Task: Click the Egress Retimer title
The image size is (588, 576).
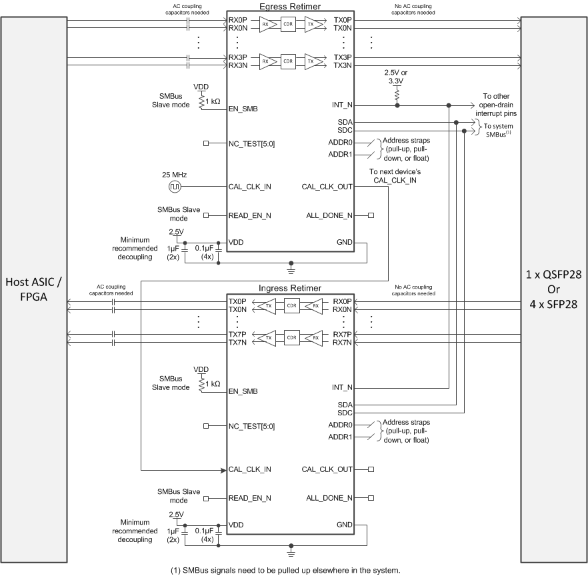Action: coord(290,6)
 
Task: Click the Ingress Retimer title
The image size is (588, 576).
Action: coord(290,288)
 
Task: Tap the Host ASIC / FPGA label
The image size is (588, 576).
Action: coord(33,288)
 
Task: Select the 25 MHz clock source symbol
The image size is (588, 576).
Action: coord(173,187)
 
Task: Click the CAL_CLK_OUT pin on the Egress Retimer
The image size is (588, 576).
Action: coord(327,187)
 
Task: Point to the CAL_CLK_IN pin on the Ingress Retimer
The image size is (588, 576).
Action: coord(249,469)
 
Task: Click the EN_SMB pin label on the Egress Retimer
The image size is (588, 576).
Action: coord(243,108)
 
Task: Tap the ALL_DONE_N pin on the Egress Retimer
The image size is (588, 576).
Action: coord(329,215)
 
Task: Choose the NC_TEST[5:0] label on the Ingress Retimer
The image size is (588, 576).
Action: coord(251,426)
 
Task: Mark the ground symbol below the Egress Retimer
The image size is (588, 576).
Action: coord(290,269)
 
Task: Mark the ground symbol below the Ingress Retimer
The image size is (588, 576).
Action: coord(290,552)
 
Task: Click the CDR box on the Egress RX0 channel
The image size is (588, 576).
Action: coord(289,24)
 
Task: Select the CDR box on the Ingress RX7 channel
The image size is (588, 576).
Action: coord(291,338)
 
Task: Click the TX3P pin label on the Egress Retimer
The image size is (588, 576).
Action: coord(343,57)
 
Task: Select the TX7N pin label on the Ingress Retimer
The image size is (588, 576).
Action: coord(237,342)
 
